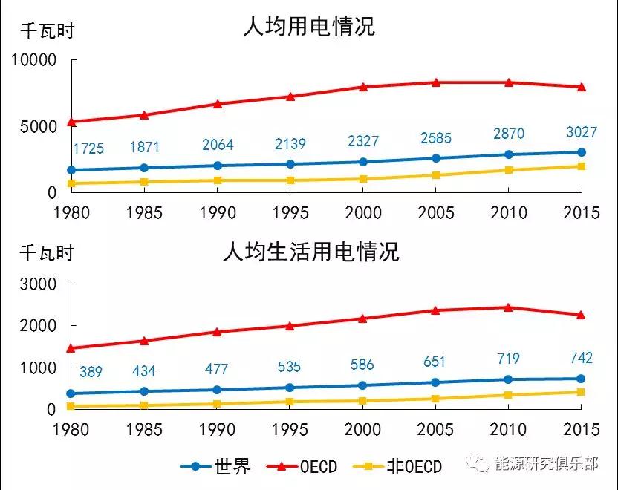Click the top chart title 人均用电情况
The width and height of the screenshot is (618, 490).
[x=309, y=27]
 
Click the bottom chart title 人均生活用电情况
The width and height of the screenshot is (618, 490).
[x=310, y=252]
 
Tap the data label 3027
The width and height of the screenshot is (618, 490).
[x=582, y=133]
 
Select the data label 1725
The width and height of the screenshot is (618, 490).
[x=88, y=148]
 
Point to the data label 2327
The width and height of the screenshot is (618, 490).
[x=362, y=141]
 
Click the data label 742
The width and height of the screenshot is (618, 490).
[x=582, y=358]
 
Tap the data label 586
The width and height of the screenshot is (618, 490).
[x=362, y=365]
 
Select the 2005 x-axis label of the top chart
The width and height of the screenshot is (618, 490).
[x=435, y=212]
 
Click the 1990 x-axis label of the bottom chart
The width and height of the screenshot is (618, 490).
[x=218, y=429]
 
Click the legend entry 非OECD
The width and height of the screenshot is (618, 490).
[x=414, y=467]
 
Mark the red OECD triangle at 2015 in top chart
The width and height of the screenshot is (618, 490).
[x=582, y=87]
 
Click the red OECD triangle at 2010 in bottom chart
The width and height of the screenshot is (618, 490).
[x=508, y=307]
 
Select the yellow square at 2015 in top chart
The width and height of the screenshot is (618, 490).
[x=582, y=166]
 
